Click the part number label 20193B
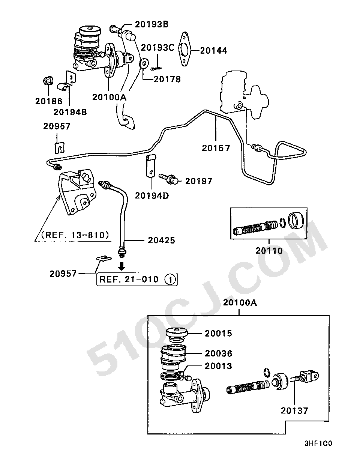click(151, 24)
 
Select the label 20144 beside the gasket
click(213, 51)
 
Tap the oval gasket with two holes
click(184, 49)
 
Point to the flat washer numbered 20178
click(144, 63)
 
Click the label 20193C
click(157, 48)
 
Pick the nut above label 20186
click(48, 81)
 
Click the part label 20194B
click(70, 112)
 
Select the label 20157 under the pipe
click(216, 148)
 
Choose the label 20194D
click(152, 196)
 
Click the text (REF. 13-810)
click(75, 235)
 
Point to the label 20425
click(161, 240)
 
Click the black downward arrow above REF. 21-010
click(121, 266)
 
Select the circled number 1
click(170, 280)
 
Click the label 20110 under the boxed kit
click(269, 251)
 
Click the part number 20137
click(294, 410)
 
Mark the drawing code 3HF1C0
click(318, 443)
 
